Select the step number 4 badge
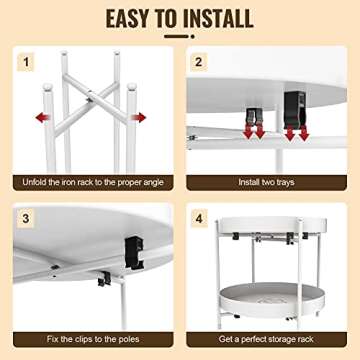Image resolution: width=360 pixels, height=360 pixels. (198, 217)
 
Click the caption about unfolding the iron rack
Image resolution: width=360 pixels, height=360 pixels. (89, 183)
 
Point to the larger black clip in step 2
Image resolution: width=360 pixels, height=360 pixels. (294, 103)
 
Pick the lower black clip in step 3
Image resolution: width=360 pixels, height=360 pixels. (104, 283)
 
